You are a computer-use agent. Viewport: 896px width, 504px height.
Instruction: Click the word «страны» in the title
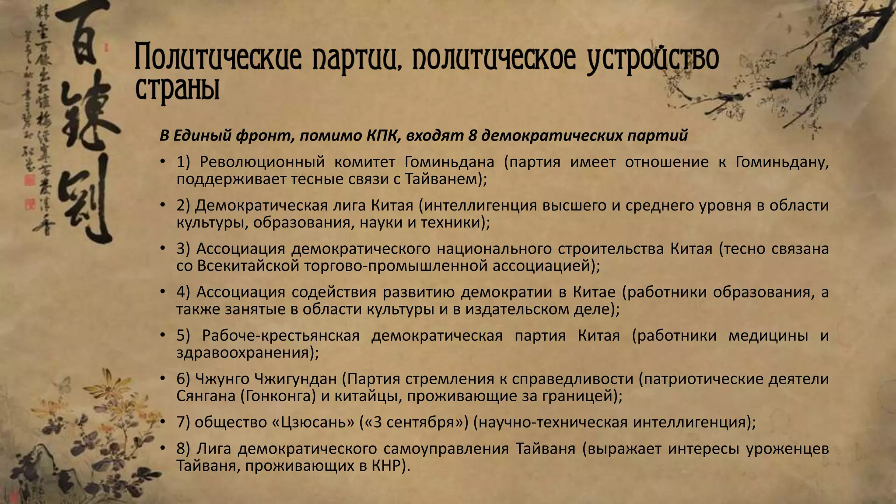(x=177, y=89)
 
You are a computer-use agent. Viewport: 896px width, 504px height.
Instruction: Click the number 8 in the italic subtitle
(x=472, y=136)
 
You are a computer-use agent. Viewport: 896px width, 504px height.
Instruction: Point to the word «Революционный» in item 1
(x=262, y=162)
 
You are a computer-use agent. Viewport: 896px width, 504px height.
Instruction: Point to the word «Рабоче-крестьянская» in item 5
(x=280, y=336)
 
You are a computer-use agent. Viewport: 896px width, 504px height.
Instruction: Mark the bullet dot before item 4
(x=162, y=292)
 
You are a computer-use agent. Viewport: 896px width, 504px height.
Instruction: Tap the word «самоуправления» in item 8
(x=446, y=449)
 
